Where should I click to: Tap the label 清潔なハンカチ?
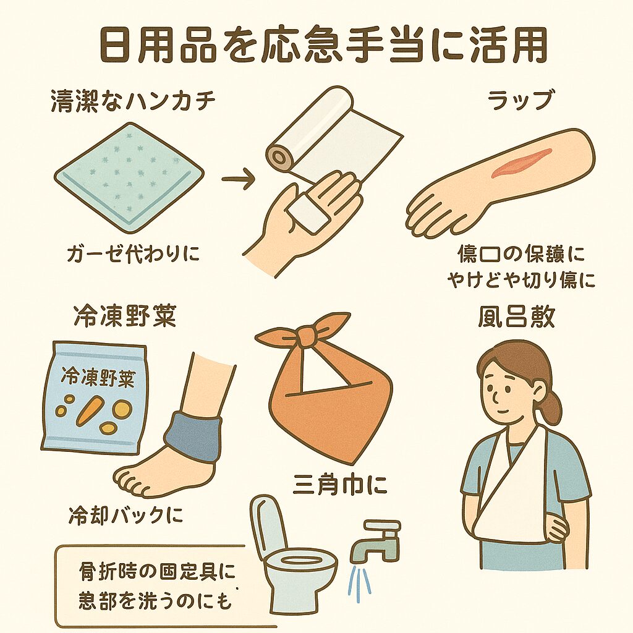tap(133, 102)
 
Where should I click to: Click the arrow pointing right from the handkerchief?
tap(239, 180)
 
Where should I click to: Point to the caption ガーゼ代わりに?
tap(134, 253)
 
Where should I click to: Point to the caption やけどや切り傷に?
tap(520, 280)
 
